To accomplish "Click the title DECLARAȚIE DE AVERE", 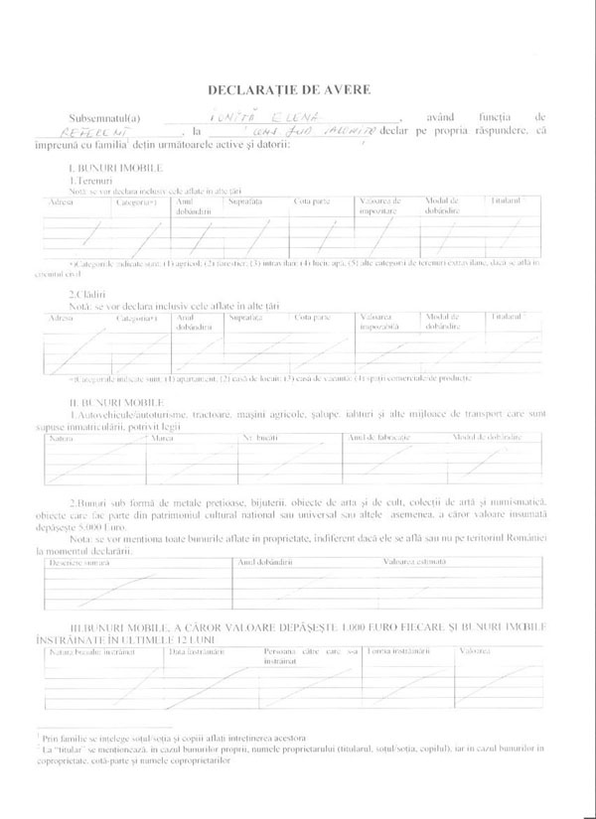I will pyautogui.click(x=297, y=89).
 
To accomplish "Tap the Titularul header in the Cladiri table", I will pyautogui.click(x=510, y=317).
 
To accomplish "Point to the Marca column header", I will pyautogui.click(x=161, y=437).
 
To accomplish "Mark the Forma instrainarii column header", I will pyautogui.click(x=396, y=652).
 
